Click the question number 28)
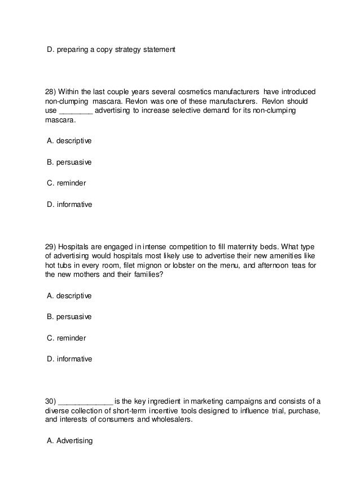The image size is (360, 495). pos(50,91)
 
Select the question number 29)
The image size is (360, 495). pos(50,246)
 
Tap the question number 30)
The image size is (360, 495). pos(50,401)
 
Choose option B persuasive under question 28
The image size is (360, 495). pos(69,162)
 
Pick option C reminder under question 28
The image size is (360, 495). pos(67,183)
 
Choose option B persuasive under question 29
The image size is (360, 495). pos(69,317)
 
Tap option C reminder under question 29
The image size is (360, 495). pos(67,338)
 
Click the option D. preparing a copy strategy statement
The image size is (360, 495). pos(111,50)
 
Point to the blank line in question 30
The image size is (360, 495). pos(86,402)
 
